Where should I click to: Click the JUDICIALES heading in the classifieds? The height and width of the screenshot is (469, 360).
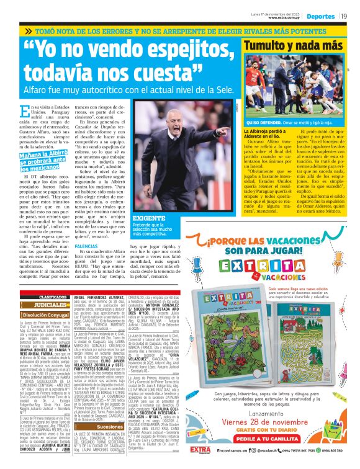[x=46, y=305]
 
